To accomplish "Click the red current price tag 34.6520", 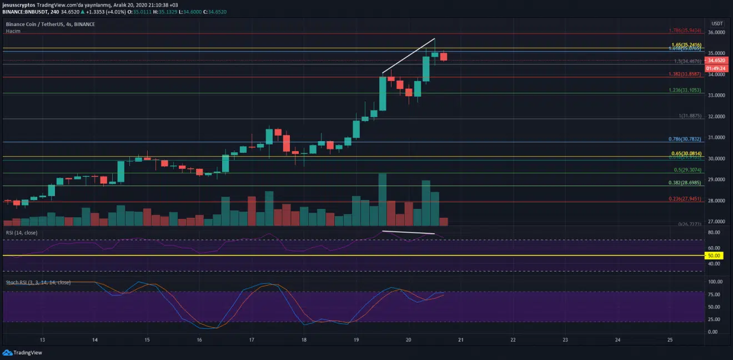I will pos(715,59).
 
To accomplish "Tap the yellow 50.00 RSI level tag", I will pos(714,256).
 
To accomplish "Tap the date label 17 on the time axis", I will pos(252,339).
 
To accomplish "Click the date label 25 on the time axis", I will pos(670,339).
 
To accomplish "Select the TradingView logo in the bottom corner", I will pos(23,352).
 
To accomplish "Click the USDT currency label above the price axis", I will pos(717,23).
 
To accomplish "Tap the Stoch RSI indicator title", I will pos(38,282).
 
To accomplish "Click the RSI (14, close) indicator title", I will pos(22,232).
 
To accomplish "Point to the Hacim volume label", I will pos(12,31).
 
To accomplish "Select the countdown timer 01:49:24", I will pos(715,67).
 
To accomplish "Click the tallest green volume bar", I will pos(382,200).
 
